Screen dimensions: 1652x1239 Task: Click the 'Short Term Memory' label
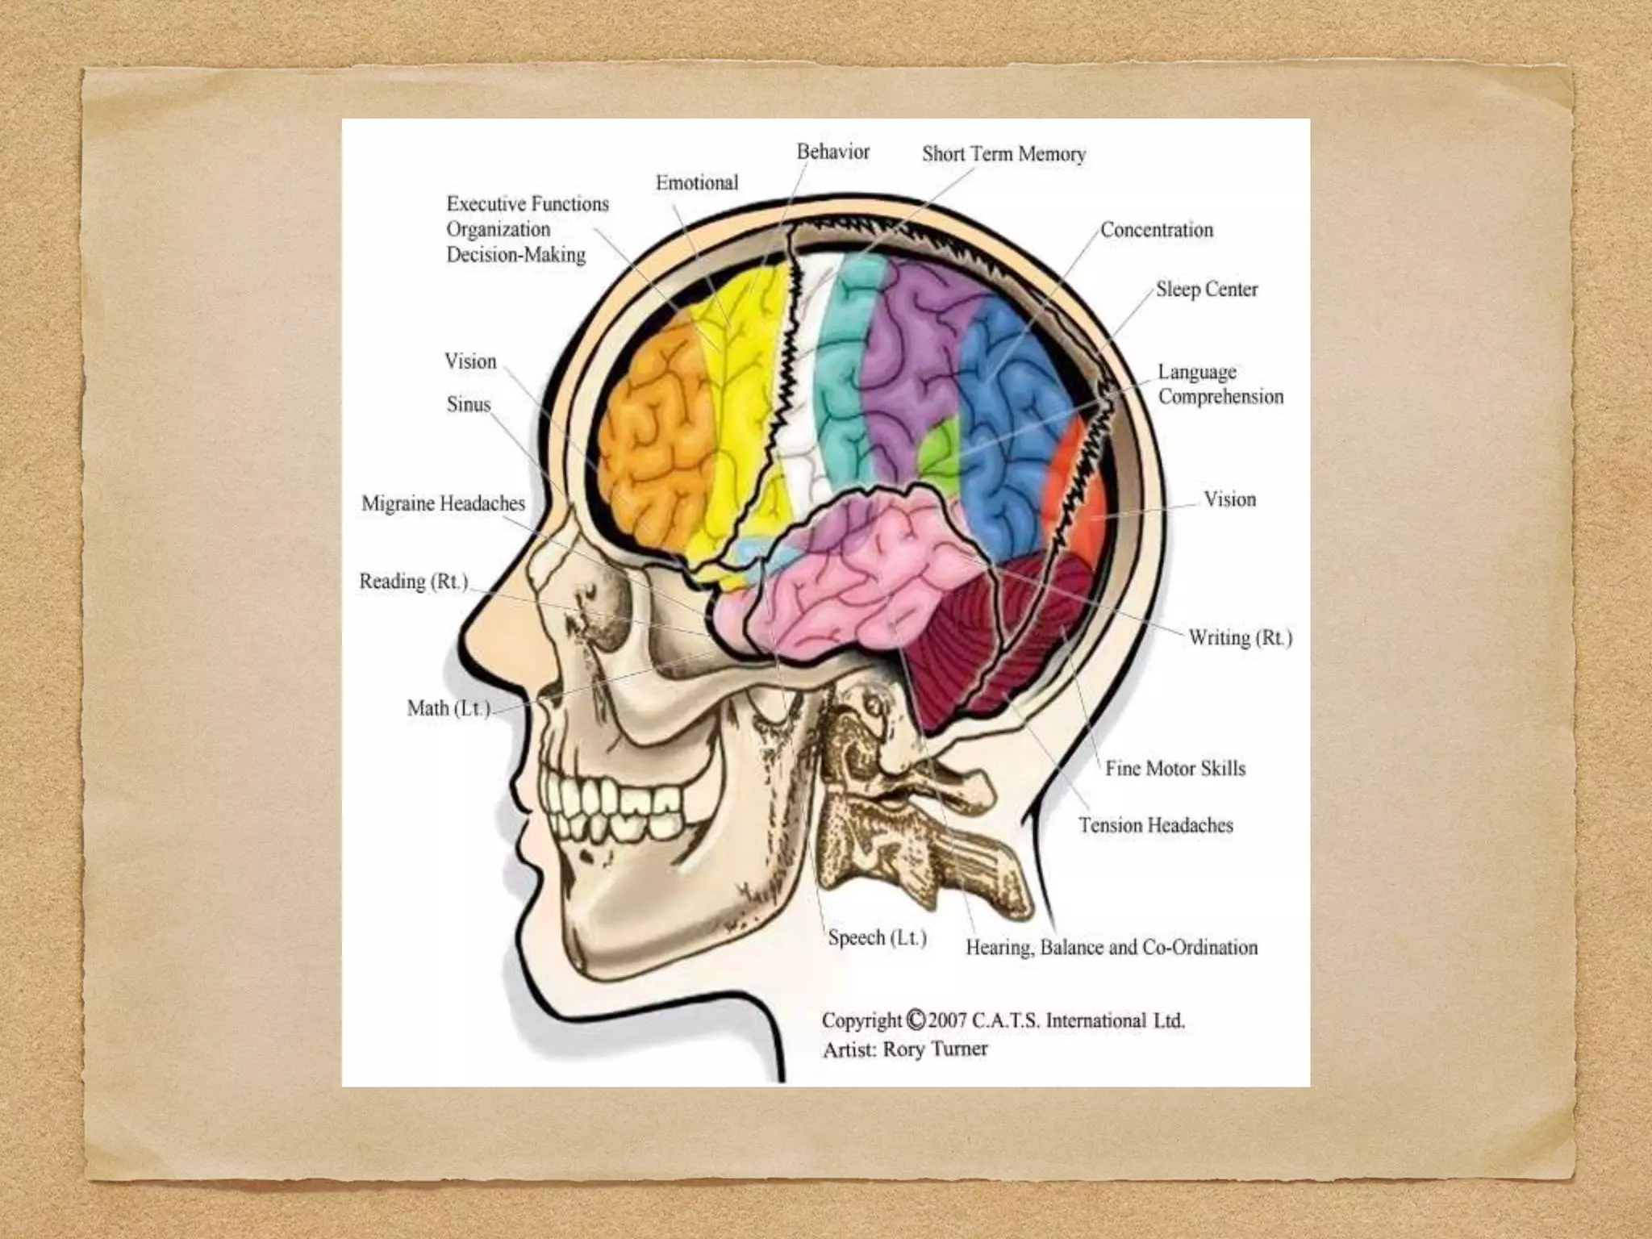point(1003,154)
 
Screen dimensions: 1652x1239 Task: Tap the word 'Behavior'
point(832,152)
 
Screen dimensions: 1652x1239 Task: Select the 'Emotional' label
point(696,183)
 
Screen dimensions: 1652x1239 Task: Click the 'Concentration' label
point(1156,230)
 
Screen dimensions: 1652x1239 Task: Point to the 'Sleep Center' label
point(1206,290)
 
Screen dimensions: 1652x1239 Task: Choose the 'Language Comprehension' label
point(1220,384)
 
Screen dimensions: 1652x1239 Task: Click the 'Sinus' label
point(468,404)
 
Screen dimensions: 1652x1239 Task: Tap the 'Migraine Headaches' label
point(443,503)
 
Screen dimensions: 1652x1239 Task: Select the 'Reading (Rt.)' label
point(413,582)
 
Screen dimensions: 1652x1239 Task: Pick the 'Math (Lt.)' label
point(448,708)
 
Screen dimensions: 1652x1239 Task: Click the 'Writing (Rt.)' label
point(1240,638)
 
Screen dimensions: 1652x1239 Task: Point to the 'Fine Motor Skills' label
point(1174,768)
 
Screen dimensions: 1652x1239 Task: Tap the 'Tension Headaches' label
point(1155,825)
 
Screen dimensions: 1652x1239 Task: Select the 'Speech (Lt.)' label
point(877,938)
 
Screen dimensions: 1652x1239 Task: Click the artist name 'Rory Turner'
point(935,1049)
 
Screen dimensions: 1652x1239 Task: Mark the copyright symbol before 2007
point(915,1020)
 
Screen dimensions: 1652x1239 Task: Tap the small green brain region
point(938,451)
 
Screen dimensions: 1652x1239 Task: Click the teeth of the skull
point(613,807)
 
